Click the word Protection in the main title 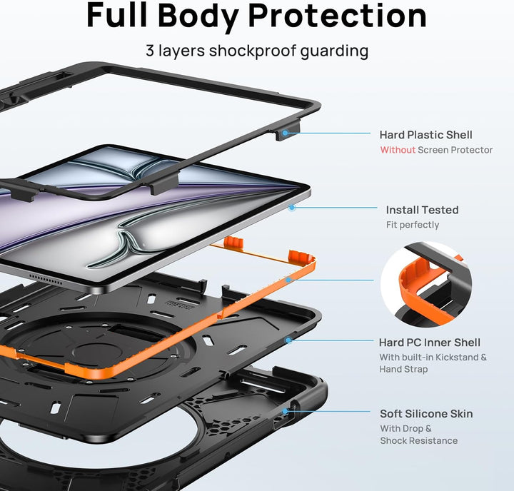tap(338, 16)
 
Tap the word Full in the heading tap(116, 15)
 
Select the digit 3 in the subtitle tap(150, 51)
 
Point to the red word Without tap(398, 150)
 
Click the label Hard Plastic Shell tap(425, 135)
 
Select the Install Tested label tap(422, 210)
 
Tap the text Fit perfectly tap(413, 225)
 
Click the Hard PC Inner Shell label tap(430, 343)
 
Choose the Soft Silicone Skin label tap(426, 414)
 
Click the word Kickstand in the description tap(456, 357)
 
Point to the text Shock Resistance tap(418, 440)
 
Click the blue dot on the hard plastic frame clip tap(285, 133)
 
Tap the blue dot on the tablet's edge tap(292, 207)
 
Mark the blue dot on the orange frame tap(288, 280)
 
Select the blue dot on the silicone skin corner tap(285, 411)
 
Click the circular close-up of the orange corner tap(426, 284)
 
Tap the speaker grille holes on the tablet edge tap(46, 278)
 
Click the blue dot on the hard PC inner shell tap(288, 340)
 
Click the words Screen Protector tap(455, 150)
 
